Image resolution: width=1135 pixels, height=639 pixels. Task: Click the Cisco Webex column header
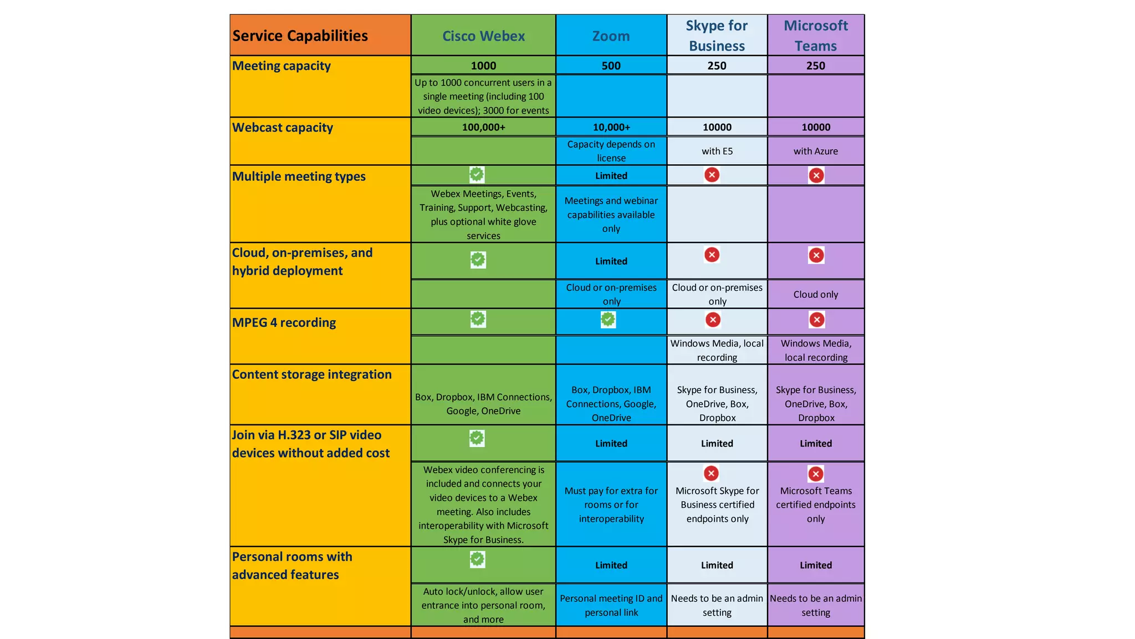tap(483, 36)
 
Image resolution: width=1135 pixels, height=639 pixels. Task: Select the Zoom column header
tap(611, 36)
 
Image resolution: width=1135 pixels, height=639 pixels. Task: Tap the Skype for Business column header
tap(717, 35)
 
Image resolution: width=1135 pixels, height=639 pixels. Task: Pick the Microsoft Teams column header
tap(815, 35)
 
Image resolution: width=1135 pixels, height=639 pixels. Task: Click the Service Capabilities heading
tap(300, 36)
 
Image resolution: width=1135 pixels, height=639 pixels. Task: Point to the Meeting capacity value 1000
tap(483, 65)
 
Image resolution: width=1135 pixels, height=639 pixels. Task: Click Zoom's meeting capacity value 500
tap(611, 65)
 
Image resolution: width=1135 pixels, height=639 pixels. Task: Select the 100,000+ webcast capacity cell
tap(483, 127)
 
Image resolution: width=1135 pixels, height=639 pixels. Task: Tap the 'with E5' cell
tap(717, 151)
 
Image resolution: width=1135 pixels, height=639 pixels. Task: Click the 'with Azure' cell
tap(815, 151)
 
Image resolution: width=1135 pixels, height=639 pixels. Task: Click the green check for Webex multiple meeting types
tap(477, 174)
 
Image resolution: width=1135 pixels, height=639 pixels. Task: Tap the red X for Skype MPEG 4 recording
tap(713, 319)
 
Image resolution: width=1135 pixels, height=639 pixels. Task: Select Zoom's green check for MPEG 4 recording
tap(608, 319)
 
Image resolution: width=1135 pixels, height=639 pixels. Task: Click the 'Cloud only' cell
tap(815, 295)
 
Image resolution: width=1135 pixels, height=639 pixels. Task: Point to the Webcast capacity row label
tap(283, 128)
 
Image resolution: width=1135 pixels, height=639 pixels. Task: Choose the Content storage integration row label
tap(311, 374)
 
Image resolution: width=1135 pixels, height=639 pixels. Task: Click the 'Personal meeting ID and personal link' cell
tap(611, 605)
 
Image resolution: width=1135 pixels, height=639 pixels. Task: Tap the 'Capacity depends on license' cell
tap(611, 151)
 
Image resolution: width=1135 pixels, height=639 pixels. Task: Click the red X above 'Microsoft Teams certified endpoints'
tap(815, 474)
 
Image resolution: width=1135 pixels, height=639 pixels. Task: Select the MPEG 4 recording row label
tap(284, 323)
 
